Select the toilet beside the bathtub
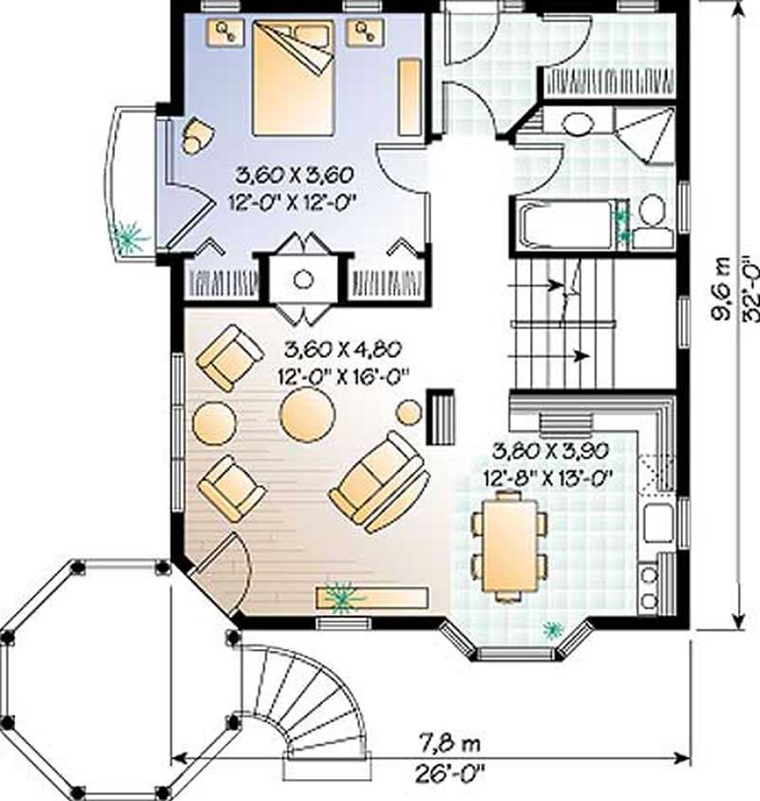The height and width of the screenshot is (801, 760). pos(652,217)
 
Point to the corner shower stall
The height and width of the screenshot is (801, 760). pos(646,133)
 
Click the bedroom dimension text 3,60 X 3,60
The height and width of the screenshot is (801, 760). pos(294,175)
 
